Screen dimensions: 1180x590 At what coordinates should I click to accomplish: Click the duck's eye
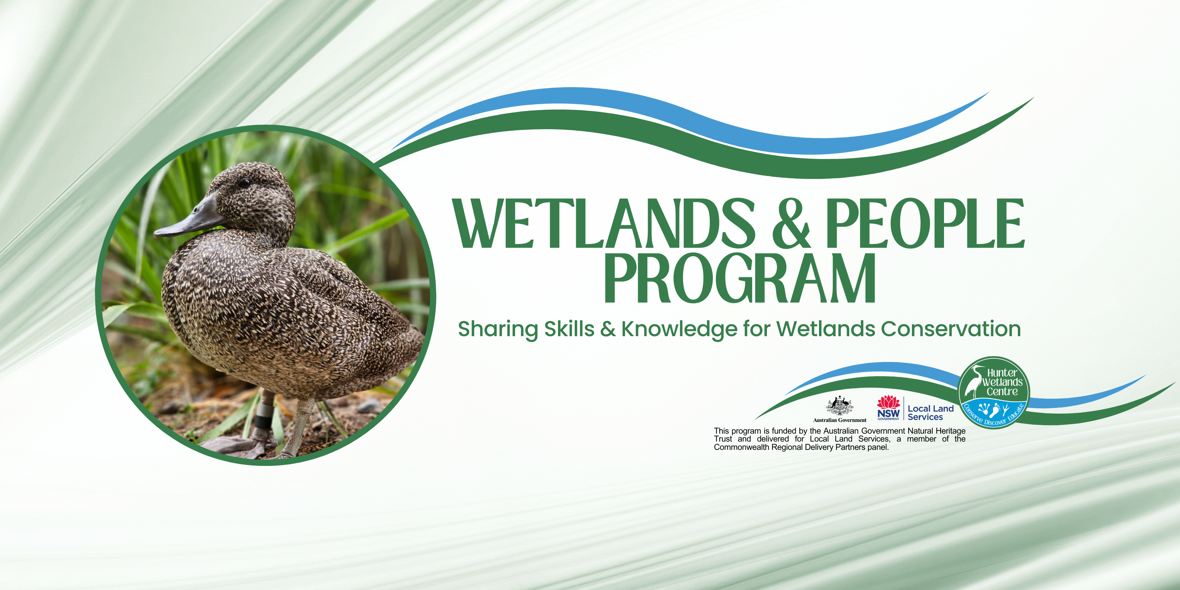[245, 183]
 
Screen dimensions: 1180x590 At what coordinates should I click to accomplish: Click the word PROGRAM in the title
[740, 278]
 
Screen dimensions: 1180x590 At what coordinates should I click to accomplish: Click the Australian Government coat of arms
[839, 405]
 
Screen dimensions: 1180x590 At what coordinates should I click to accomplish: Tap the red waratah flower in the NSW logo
[888, 402]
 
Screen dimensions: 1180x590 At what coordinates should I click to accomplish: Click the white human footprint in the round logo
[995, 409]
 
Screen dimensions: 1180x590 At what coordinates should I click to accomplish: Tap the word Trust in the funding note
[723, 439]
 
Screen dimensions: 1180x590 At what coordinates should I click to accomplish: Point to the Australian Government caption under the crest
[840, 420]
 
